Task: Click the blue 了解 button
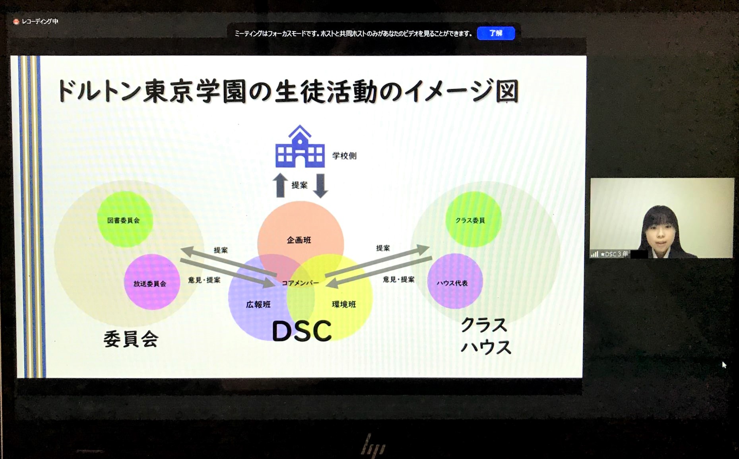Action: (x=496, y=33)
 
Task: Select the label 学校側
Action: (x=344, y=156)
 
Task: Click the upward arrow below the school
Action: (x=280, y=185)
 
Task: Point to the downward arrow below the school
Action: (x=320, y=186)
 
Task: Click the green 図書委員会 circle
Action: (x=125, y=219)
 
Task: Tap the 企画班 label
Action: (x=299, y=240)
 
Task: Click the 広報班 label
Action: (x=258, y=304)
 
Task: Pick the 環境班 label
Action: (x=344, y=304)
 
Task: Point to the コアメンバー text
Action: (x=300, y=283)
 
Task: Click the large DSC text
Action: (x=302, y=331)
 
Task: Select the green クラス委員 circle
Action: (x=473, y=219)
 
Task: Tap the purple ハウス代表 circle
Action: (x=455, y=281)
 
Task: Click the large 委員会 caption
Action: (x=131, y=339)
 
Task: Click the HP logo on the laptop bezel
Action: (x=373, y=445)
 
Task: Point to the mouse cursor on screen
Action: (x=724, y=365)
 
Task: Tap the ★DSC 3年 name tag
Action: (x=614, y=254)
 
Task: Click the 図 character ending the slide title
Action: (x=507, y=91)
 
